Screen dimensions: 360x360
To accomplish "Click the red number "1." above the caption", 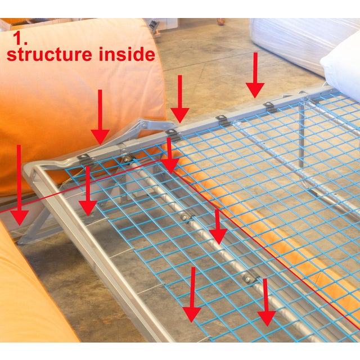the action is coord(20,38).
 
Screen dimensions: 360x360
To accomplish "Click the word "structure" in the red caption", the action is coord(49,54).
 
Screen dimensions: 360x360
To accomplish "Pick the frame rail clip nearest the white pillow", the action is coord(271,107).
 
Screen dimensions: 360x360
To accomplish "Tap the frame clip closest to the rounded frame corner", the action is coord(85,159).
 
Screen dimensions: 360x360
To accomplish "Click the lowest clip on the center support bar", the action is coord(249,277).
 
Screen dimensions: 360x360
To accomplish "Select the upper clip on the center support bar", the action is coord(186,217).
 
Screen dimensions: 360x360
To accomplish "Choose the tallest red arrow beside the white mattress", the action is coord(255,75).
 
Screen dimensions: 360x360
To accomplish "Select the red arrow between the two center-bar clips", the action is coord(218,227).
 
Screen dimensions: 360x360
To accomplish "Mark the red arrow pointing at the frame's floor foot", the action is coord(19,185).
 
